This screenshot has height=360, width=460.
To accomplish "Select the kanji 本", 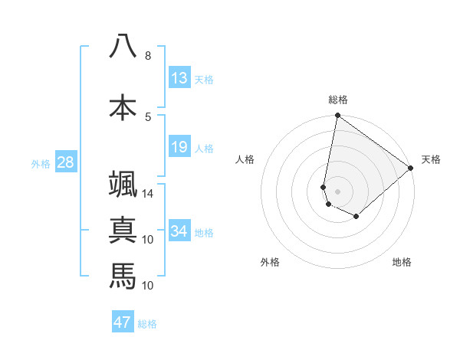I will point(123,107).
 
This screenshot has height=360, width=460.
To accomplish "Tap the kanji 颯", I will point(123,186).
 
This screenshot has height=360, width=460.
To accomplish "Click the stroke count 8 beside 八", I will point(147,56).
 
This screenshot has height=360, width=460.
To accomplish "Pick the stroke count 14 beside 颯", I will point(149,194).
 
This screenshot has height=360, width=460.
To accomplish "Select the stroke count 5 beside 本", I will point(147,116).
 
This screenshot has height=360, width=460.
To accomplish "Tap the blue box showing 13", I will point(179,78).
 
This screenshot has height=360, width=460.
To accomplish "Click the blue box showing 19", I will point(179,147).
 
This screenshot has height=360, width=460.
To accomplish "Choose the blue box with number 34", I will point(179,231).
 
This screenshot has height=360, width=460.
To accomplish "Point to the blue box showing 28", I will point(64,162).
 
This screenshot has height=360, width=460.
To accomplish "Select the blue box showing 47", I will point(123,322).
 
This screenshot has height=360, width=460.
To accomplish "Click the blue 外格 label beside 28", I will point(41,163).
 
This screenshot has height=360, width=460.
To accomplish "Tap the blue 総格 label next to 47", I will point(147,324).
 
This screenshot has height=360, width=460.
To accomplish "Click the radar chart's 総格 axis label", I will point(337,100).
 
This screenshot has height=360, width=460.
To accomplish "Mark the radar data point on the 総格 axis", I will point(337,116).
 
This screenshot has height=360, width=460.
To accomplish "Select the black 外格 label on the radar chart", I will point(270,262).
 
